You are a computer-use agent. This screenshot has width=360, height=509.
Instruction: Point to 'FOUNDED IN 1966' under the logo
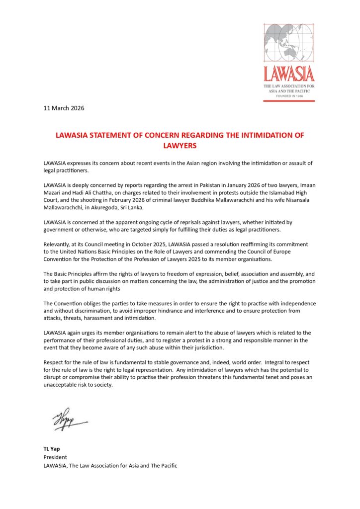289,96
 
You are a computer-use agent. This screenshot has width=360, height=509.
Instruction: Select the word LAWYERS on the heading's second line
180,146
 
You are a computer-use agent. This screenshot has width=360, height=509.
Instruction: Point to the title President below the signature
55,457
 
